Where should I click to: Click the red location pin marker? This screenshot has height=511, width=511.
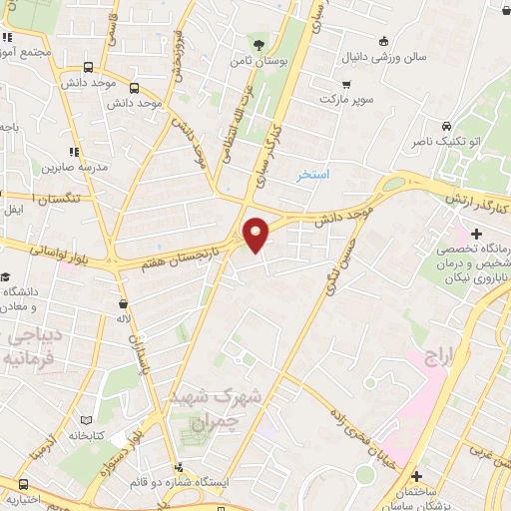[x=256, y=235]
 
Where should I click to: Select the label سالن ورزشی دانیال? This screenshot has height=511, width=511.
[x=386, y=57]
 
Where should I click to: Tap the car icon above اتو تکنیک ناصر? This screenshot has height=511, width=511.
[x=447, y=127]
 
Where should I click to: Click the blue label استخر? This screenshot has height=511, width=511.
[x=312, y=175]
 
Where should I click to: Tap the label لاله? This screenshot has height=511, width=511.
[x=122, y=319]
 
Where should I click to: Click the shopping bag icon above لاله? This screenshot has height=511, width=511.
[x=123, y=302]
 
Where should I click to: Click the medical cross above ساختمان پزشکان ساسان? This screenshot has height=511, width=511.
[x=416, y=476]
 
